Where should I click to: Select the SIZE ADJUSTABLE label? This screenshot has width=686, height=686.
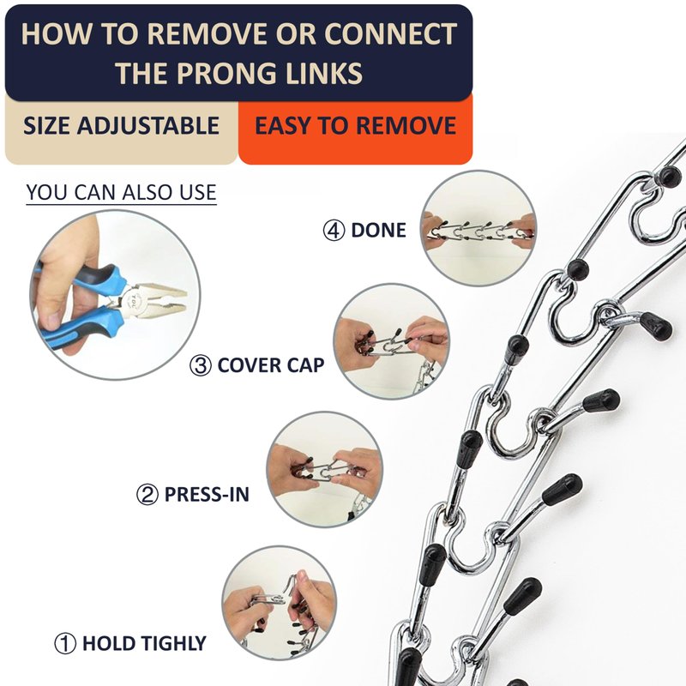pos(121,125)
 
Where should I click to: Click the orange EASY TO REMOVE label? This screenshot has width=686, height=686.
pos(355,125)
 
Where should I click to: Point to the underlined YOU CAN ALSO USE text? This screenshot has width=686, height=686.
pos(121,192)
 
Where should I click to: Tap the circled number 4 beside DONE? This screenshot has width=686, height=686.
pos(334,230)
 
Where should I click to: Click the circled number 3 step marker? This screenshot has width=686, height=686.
pos(201,365)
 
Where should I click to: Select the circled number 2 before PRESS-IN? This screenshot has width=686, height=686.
pos(147,495)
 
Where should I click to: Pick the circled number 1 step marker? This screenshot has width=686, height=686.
pos(65,644)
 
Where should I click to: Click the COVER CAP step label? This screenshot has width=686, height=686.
pos(271,365)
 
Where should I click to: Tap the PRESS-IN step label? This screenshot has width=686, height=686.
pos(207,495)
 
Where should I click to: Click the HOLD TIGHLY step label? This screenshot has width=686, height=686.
pos(144,644)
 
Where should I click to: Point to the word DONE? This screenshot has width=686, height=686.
pos(378,230)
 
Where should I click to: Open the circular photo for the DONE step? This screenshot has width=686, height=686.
pos(478,228)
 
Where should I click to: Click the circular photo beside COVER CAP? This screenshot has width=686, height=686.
pos(392,341)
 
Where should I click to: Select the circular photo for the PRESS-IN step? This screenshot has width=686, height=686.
pos(325,469)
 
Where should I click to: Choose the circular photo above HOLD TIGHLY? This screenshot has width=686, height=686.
pos(280,604)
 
